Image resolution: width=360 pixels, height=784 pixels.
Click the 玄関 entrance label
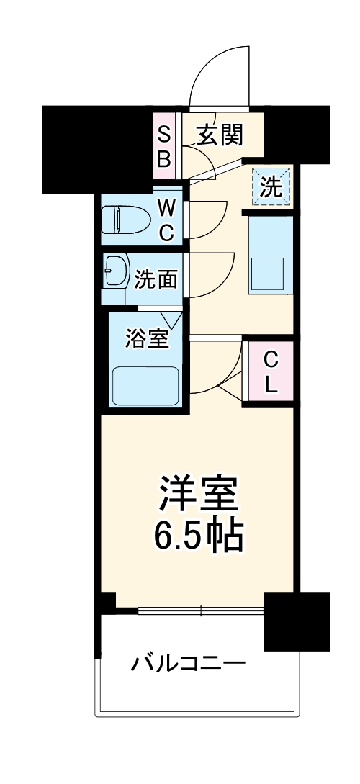point(220,134)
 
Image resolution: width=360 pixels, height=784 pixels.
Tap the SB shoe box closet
point(164,146)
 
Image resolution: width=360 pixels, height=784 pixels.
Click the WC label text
point(166,220)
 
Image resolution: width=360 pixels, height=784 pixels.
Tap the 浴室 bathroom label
point(147,338)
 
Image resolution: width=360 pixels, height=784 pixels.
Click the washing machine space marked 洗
point(270,187)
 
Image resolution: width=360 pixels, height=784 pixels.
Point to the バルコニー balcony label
point(189,662)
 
